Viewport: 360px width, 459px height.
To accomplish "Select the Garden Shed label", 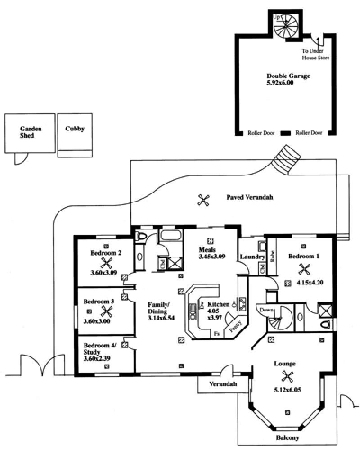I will [x=31, y=132].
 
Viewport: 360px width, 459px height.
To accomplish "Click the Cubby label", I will [x=74, y=129].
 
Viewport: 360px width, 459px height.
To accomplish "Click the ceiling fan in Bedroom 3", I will [x=107, y=310].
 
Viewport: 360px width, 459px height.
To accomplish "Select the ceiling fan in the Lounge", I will [x=287, y=376].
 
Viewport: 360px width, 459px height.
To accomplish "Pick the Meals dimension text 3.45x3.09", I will [x=211, y=257].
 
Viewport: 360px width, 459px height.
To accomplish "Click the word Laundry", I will [x=252, y=257].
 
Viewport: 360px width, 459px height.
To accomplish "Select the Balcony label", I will [x=288, y=437].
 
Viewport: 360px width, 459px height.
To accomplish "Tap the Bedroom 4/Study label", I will [x=100, y=349].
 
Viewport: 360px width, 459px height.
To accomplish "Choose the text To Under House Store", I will [x=315, y=55].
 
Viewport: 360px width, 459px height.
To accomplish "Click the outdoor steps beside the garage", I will [x=288, y=159].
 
